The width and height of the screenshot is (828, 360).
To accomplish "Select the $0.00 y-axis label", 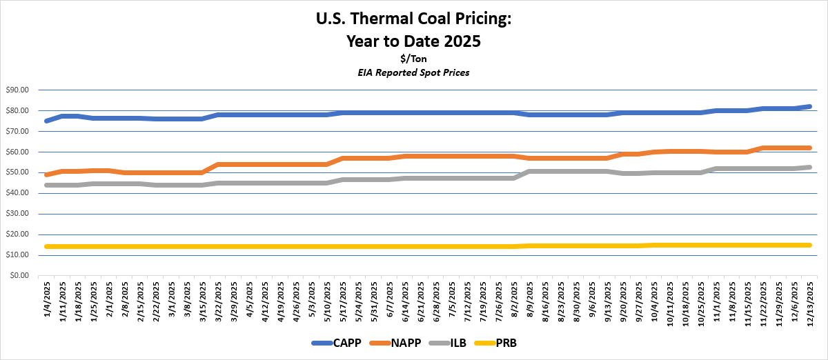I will tap(19, 276).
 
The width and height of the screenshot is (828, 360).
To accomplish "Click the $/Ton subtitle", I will tap(414, 59).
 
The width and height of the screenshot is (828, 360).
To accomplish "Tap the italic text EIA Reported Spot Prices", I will tap(414, 72).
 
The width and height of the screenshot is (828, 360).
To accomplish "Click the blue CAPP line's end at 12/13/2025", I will tap(809, 107).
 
